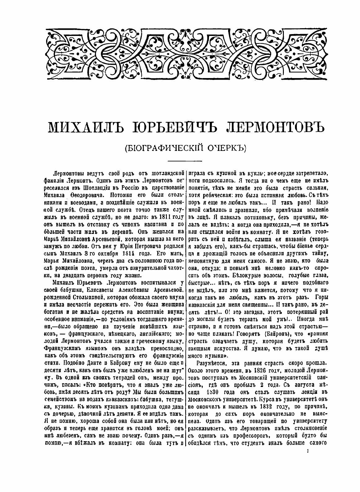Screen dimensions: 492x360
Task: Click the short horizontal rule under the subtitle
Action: (184, 160)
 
